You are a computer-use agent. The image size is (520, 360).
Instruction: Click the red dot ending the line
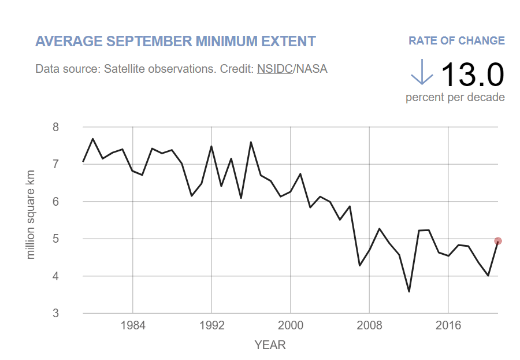click(498, 241)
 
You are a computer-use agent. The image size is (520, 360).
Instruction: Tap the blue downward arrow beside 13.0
click(422, 72)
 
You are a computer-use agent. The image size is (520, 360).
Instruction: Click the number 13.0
click(473, 75)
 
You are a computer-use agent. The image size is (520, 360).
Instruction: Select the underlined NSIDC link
click(275, 69)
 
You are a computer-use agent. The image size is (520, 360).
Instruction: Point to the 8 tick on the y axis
click(55, 127)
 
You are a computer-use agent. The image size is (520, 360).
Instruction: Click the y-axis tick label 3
click(55, 313)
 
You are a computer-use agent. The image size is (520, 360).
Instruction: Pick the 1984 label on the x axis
click(133, 325)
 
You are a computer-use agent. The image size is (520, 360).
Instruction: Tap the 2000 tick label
click(291, 325)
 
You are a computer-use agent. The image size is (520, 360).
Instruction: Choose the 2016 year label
click(448, 325)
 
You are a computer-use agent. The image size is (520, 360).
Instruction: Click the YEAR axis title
click(270, 345)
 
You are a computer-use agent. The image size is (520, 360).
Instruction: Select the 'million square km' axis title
click(30, 214)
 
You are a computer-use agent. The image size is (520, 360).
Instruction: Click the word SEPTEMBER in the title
click(149, 41)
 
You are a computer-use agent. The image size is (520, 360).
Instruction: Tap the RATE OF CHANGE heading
click(456, 40)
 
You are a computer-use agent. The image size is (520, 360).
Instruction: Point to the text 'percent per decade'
click(455, 97)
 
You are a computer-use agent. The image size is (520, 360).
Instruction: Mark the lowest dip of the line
click(409, 292)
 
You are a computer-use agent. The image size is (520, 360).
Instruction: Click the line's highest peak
click(93, 139)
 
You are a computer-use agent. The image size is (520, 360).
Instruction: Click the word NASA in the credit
click(312, 69)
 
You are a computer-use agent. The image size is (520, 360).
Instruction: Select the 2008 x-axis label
click(369, 325)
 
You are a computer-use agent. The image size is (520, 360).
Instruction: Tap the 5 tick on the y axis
click(55, 239)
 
